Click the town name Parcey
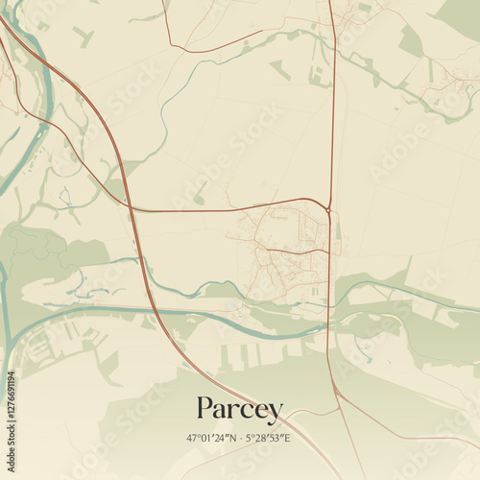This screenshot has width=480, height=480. pyautogui.click(x=240, y=410)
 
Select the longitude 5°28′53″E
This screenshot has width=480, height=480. pyautogui.click(x=270, y=438)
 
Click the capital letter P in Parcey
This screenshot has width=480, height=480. pyautogui.click(x=204, y=409)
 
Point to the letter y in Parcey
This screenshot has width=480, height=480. pyautogui.click(x=276, y=413)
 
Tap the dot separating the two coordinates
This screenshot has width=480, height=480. pyautogui.click(x=240, y=438)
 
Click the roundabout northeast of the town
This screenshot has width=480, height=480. pyautogui.click(x=327, y=208)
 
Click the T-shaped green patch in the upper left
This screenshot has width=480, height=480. pyautogui.click(x=83, y=36)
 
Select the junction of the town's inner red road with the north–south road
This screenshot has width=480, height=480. pyautogui.click(x=329, y=252)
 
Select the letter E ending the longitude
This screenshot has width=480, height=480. pyautogui.click(x=288, y=438)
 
